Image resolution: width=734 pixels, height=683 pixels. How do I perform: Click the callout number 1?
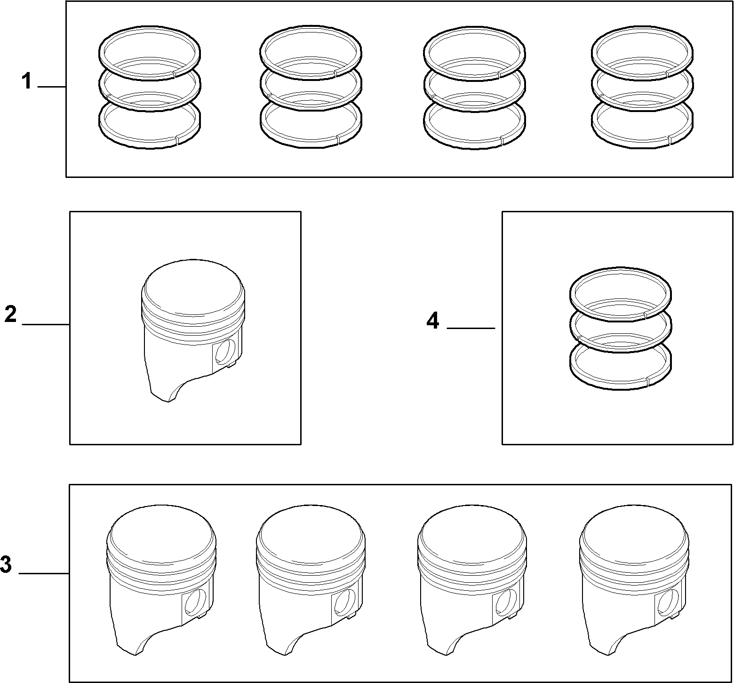click(27, 81)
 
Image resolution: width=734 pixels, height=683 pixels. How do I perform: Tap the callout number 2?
click(10, 314)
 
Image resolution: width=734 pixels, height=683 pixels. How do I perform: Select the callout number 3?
click(6, 564)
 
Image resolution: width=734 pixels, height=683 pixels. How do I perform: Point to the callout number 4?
click(433, 321)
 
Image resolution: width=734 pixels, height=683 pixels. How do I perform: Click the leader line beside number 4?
click(471, 328)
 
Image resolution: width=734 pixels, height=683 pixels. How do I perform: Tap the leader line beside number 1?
click(52, 87)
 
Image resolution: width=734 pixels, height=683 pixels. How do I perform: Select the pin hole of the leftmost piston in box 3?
click(195, 602)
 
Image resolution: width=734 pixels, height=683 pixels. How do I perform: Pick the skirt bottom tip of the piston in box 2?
click(168, 402)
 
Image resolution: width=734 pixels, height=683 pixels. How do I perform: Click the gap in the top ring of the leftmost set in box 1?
click(175, 73)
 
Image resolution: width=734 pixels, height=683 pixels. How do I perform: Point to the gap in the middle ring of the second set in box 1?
click(270, 96)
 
